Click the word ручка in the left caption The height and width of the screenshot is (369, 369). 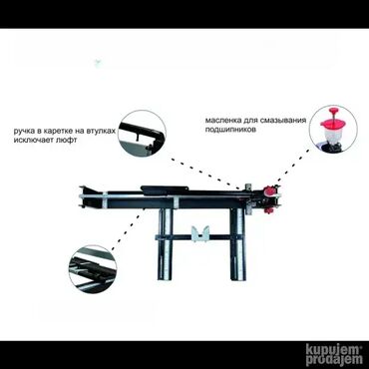point(24,131)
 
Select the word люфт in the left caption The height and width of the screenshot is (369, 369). point(67,140)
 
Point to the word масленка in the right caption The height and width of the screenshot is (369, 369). point(220,120)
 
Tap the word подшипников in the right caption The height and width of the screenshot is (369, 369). point(230,130)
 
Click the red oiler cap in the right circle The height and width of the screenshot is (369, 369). point(333,123)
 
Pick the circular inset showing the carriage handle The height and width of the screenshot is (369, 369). point(142,134)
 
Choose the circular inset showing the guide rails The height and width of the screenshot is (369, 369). point(93,269)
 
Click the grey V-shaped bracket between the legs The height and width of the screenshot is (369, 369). point(200,234)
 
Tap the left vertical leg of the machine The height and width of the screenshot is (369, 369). point(166,245)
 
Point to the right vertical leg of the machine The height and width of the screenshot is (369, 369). point(238,245)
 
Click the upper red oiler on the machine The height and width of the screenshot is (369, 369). point(268,190)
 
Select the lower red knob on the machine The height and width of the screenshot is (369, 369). point(268,210)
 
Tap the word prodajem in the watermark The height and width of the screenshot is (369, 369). point(334,360)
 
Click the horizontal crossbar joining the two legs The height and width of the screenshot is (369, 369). point(199,237)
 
